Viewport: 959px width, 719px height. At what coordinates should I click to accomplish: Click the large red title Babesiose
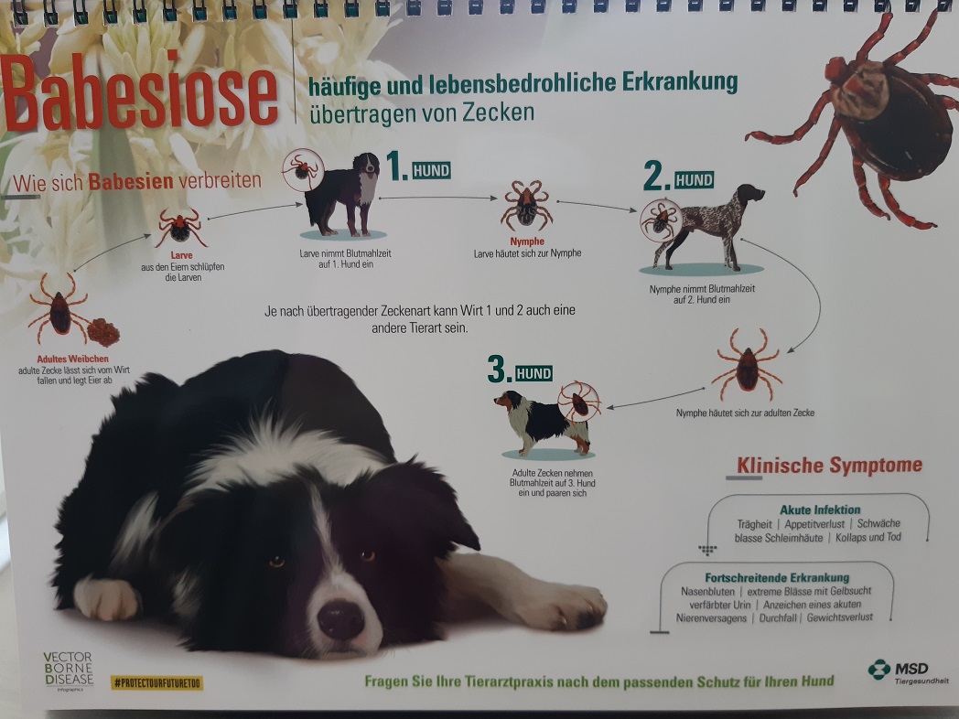pos(139,93)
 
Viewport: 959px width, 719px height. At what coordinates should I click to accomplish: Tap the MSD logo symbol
pos(878,670)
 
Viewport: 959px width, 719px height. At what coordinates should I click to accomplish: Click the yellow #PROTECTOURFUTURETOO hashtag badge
pos(156,682)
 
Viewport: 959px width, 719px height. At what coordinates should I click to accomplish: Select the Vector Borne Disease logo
pos(68,671)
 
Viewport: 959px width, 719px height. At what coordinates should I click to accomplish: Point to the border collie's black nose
pos(340,619)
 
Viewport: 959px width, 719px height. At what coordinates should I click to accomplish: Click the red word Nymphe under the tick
pos(527,241)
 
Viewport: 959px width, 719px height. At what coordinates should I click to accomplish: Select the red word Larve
pos(182,255)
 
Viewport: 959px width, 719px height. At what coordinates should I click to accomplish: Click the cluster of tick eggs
pos(102,332)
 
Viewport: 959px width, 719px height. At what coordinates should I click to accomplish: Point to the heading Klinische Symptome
pos(829,466)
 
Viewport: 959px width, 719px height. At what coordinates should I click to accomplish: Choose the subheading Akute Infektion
pos(820,510)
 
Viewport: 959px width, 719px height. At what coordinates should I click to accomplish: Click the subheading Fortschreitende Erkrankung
pos(777,577)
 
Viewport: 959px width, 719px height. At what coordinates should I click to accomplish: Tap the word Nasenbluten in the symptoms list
pos(706,591)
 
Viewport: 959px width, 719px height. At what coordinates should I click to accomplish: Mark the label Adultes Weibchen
pos(73,359)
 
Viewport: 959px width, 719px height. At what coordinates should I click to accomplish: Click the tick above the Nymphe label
pos(526,205)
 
